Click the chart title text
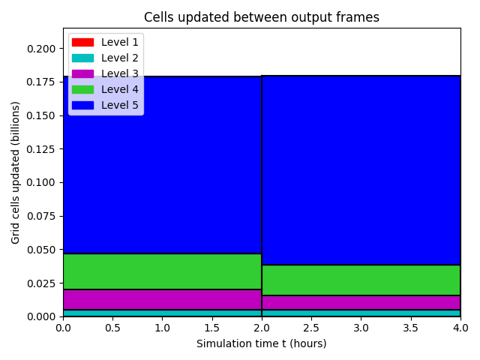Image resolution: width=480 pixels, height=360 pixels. click(262, 17)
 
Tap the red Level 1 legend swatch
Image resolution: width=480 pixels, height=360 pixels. click(82, 42)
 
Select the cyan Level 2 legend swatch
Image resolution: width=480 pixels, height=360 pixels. click(82, 58)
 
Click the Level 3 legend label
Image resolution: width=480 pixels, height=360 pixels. click(120, 73)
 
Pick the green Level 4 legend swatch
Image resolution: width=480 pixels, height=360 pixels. click(82, 90)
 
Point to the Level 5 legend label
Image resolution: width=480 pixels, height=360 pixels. click(120, 105)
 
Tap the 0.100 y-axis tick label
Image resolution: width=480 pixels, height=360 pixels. click(41, 182)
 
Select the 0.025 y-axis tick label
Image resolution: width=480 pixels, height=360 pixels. click(41, 283)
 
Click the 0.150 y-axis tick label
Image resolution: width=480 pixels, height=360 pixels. click(41, 115)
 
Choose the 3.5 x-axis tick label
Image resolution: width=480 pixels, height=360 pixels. click(410, 328)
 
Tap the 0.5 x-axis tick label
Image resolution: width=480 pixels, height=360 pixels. click(112, 328)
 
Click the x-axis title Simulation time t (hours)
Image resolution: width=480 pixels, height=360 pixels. click(262, 343)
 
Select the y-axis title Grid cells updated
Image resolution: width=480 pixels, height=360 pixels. click(15, 172)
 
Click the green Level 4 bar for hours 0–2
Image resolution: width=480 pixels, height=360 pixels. click(162, 271)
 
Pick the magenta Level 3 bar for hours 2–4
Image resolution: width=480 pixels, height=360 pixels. click(361, 303)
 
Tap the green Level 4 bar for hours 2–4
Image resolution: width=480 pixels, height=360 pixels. click(361, 280)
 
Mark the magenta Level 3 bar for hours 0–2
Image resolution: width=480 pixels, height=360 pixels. click(162, 300)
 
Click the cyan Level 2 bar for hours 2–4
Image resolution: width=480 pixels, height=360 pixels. click(361, 313)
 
